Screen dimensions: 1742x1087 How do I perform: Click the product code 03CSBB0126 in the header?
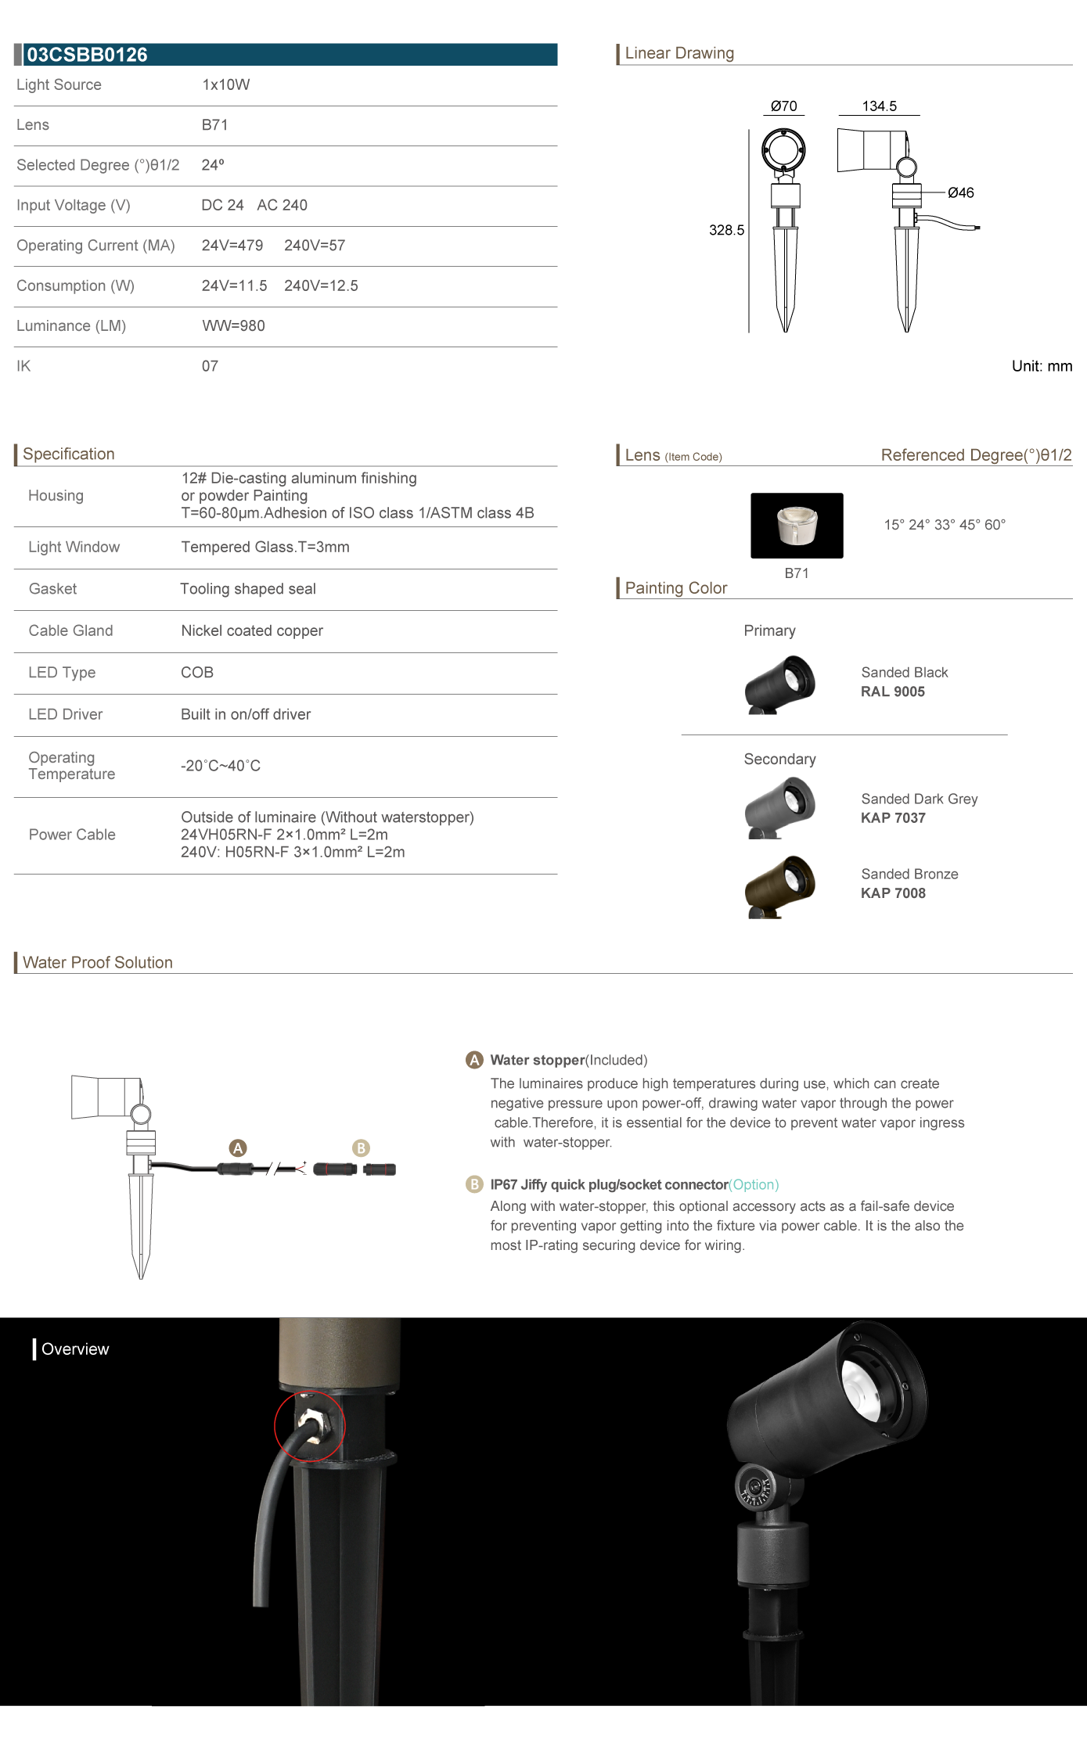(87, 55)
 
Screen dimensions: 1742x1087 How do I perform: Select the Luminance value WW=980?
(233, 326)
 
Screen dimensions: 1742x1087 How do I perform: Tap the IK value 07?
(210, 366)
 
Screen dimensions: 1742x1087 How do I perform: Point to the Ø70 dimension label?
(783, 106)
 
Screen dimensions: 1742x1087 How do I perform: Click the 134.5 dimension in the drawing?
(879, 106)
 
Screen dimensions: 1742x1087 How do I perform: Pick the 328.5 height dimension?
(726, 230)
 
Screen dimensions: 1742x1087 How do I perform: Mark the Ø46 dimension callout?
(960, 193)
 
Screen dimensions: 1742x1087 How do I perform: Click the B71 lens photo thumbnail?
(797, 526)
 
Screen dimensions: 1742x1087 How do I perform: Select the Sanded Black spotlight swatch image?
(779, 684)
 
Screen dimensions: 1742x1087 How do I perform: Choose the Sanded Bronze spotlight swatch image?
(779, 886)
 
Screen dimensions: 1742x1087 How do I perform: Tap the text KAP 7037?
(893, 818)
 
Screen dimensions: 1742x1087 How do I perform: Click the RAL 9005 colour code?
(892, 691)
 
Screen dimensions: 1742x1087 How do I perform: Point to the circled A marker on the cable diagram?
(238, 1148)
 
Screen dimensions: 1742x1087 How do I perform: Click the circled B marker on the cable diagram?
(361, 1148)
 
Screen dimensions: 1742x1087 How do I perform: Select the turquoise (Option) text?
(754, 1185)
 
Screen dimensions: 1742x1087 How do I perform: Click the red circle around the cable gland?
(309, 1427)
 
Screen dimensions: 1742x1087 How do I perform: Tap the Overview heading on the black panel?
(75, 1349)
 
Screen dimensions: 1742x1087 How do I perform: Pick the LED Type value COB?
(197, 673)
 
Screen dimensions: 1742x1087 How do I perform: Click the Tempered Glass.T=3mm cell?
(265, 548)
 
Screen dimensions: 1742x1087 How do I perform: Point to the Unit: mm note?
(1042, 366)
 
